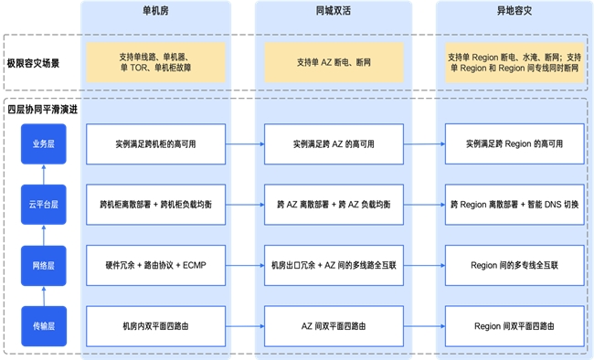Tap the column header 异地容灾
[513, 16]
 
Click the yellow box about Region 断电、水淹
[513, 62]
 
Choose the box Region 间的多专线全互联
[513, 265]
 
